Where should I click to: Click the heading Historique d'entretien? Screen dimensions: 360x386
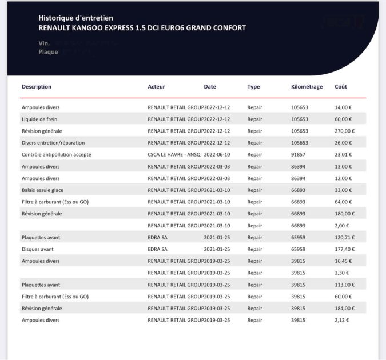click(x=75, y=18)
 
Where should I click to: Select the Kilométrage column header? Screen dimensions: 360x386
click(x=307, y=87)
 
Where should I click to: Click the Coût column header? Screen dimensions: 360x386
click(x=341, y=87)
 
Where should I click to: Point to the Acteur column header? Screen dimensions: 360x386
click(x=156, y=87)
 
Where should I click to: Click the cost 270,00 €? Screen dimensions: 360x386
click(x=344, y=131)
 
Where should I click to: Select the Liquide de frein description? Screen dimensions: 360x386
click(x=39, y=119)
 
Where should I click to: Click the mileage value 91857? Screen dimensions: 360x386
click(x=299, y=154)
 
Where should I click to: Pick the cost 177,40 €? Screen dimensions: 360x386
click(x=344, y=249)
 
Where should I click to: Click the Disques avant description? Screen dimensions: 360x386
click(x=38, y=249)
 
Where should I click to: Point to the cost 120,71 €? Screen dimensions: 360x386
click(x=344, y=237)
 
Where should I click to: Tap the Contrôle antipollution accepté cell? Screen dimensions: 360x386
click(x=56, y=154)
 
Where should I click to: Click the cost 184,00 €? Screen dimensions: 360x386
click(x=344, y=308)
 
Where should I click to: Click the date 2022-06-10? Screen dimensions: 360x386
click(x=217, y=154)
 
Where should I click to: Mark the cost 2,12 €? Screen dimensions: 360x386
click(x=341, y=320)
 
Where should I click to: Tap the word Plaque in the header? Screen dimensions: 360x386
click(x=48, y=52)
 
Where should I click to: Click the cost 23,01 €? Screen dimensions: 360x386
click(x=343, y=154)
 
